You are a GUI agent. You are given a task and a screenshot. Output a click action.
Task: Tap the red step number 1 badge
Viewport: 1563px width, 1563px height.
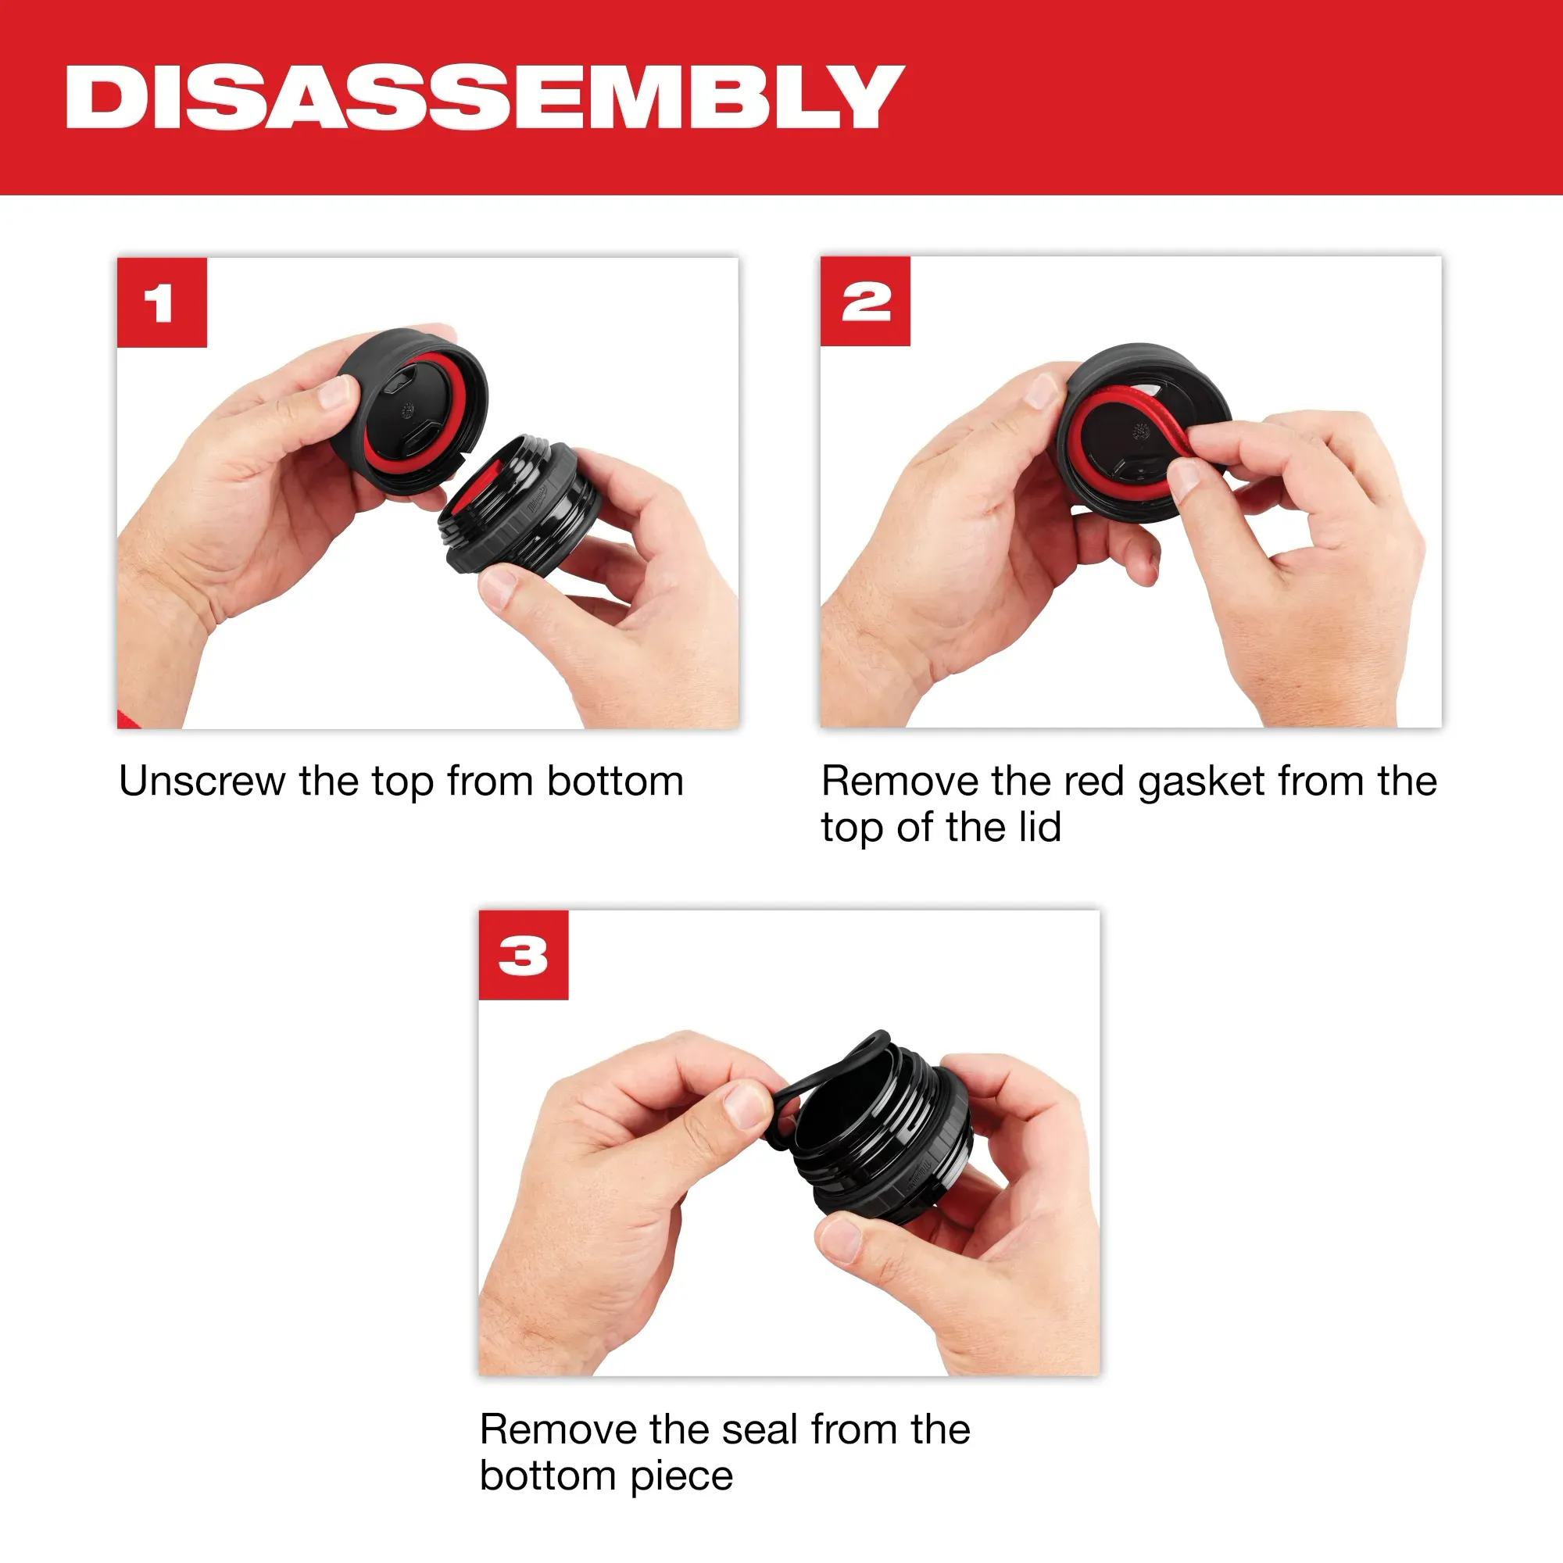pyautogui.click(x=162, y=302)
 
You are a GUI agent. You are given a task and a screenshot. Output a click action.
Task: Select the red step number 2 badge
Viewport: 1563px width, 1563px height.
pyautogui.click(x=865, y=301)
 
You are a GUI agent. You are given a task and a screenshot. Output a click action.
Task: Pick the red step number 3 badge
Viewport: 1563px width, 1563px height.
pyautogui.click(x=524, y=955)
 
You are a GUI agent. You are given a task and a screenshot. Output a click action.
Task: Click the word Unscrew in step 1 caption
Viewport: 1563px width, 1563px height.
pyautogui.click(x=202, y=781)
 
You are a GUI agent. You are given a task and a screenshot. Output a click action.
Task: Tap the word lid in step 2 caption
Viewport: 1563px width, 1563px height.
pyautogui.click(x=1039, y=828)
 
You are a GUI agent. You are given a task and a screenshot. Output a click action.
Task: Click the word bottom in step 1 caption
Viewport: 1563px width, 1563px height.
pyautogui.click(x=615, y=781)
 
